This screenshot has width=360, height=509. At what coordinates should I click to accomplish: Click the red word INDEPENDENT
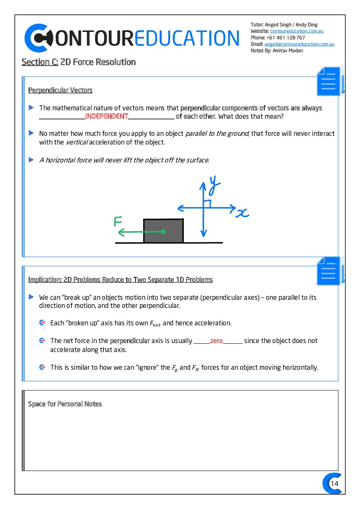tap(107, 116)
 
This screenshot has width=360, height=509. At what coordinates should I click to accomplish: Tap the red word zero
tap(216, 341)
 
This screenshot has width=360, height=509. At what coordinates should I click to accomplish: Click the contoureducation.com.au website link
tap(296, 31)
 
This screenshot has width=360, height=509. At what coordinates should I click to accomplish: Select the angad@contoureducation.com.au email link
tap(299, 44)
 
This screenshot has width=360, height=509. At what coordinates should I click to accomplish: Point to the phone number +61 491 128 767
tap(285, 38)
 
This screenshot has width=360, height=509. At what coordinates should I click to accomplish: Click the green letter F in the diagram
tap(118, 221)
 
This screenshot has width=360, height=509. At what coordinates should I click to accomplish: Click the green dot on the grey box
tap(163, 232)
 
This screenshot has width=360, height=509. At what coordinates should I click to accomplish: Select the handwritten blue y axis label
tap(214, 185)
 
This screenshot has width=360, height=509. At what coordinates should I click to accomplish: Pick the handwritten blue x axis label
tap(242, 213)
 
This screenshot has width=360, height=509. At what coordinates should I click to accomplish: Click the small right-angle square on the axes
tap(207, 204)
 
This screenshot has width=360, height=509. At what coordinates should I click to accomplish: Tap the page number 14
tap(334, 483)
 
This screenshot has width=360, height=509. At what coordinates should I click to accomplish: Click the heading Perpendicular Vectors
tap(60, 90)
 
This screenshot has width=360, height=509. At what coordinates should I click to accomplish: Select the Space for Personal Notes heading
tap(65, 404)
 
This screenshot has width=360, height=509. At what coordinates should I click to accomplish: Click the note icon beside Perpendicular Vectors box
tap(328, 82)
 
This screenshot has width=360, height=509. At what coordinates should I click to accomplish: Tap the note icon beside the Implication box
tap(328, 271)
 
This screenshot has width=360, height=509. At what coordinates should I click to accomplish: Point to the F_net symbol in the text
tap(155, 323)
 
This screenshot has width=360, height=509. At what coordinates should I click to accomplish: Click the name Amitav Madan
tap(288, 51)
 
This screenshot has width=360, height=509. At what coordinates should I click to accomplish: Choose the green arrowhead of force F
tap(121, 232)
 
